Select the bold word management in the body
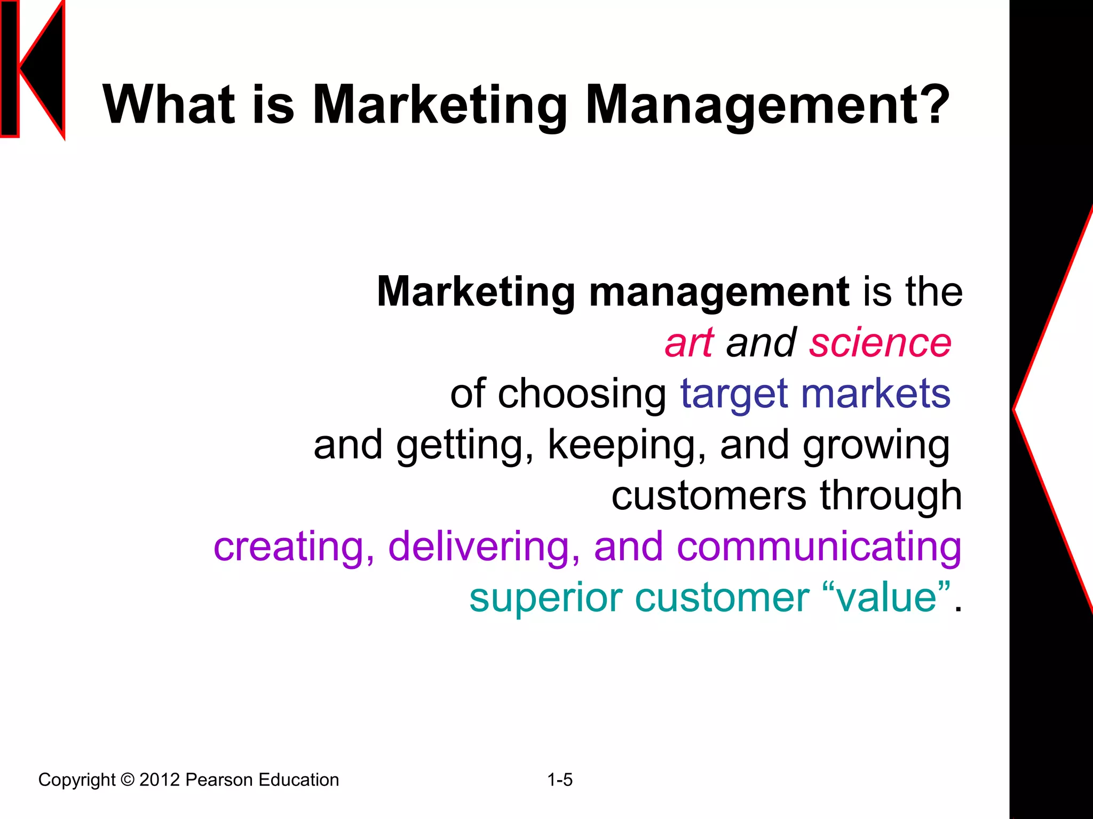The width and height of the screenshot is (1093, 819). pos(719,292)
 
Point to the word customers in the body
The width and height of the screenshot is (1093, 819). pos(709,496)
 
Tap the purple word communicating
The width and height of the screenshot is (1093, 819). pos(819,547)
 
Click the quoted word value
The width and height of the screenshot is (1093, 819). pos(886,598)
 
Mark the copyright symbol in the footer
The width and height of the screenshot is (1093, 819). pos(128,780)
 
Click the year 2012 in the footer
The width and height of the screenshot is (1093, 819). pos(160,780)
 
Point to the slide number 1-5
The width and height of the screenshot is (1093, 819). pos(560,780)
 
